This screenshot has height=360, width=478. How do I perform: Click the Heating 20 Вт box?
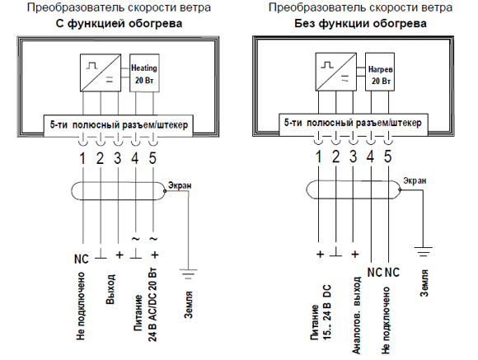[x=144, y=72]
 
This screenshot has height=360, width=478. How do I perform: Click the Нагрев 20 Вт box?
[x=380, y=72]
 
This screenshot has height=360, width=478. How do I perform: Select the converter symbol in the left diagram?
[x=101, y=72]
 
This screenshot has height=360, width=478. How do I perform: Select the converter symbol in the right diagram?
[x=336, y=72]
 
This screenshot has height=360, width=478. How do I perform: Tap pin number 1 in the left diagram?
[x=82, y=158]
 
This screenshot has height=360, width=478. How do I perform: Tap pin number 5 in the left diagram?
[x=152, y=158]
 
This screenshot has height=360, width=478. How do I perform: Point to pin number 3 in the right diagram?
[x=353, y=157]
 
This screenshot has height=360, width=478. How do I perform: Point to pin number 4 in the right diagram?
[x=370, y=157]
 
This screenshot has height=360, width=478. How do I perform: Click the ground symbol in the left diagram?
[x=189, y=274]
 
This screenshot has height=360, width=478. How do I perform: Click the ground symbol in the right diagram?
[x=423, y=251]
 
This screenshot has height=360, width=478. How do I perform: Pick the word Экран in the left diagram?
[x=180, y=185]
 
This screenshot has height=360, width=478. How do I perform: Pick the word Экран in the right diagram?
[x=415, y=180]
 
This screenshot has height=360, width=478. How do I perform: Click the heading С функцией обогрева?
[x=119, y=23]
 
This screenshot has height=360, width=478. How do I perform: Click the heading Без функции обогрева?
[x=360, y=23]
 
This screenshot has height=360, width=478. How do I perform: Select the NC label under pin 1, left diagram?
[x=82, y=259]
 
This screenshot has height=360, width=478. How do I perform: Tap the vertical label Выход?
[x=110, y=289]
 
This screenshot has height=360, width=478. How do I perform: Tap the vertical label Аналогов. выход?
[x=356, y=316]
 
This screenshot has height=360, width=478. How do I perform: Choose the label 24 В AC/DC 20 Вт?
[x=152, y=305]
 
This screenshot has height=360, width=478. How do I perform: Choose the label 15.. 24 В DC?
[x=326, y=312]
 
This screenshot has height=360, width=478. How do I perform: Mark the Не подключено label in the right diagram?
[x=386, y=320]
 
